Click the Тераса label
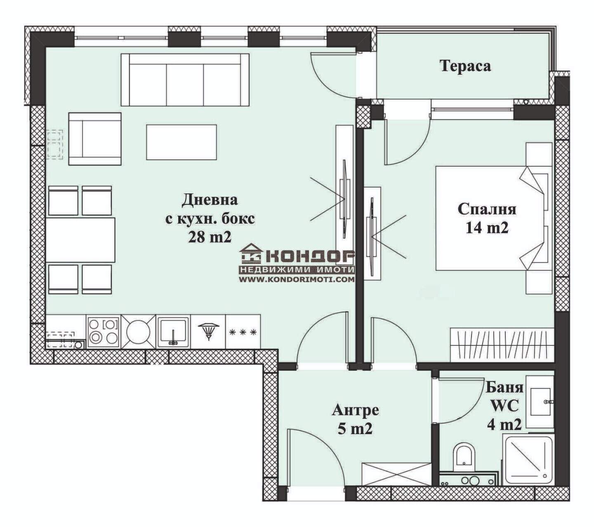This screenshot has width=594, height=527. (x=465, y=66)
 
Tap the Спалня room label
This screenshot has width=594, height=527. (x=487, y=209)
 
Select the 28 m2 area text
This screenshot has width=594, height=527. (x=210, y=236)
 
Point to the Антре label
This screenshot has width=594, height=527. (x=355, y=410)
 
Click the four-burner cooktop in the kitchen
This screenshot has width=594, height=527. (x=104, y=332)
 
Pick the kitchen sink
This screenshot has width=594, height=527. (x=173, y=332)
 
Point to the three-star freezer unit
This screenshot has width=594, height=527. (x=243, y=332)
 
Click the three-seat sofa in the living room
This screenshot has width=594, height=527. (x=185, y=80)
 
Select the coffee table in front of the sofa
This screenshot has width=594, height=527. (x=181, y=142)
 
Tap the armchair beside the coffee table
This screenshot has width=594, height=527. (x=95, y=139)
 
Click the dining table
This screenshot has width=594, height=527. (x=80, y=240)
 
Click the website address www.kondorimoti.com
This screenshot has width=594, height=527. (x=297, y=280)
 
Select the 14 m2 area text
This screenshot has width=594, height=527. (x=487, y=228)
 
